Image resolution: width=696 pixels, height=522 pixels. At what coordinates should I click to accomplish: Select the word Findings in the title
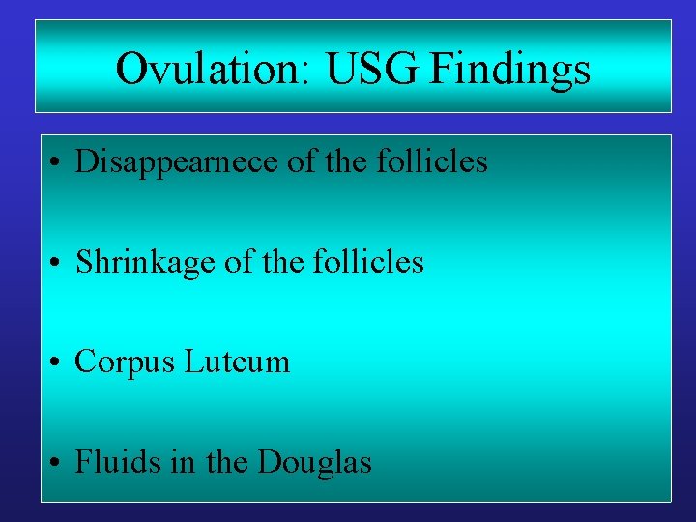pos(510,70)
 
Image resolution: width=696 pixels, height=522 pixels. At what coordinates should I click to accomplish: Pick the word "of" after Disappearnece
pos(303,161)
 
